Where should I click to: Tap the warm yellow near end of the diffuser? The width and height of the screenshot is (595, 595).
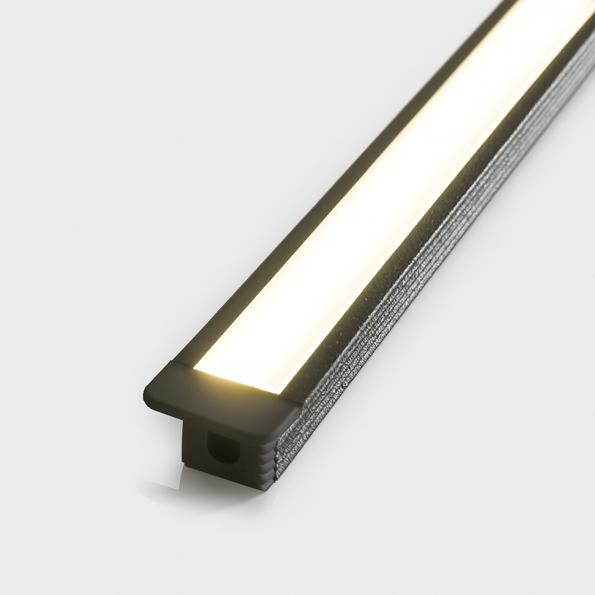point(232,372)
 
